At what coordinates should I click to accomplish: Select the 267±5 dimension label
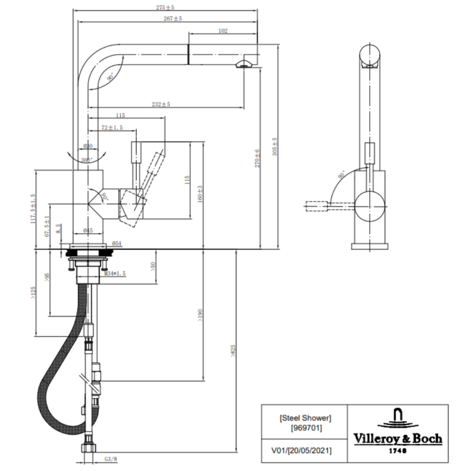pyautogui.click(x=173, y=19)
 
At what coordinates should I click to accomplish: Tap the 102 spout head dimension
pyautogui.click(x=223, y=31)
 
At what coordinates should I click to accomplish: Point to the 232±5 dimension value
pyautogui.click(x=161, y=104)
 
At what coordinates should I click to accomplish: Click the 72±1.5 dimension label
pyautogui.click(x=112, y=128)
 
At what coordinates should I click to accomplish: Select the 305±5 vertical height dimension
pyautogui.click(x=274, y=147)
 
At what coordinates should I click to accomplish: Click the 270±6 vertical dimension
pyautogui.click(x=257, y=158)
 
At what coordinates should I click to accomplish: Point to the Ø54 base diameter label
pyautogui.click(x=117, y=243)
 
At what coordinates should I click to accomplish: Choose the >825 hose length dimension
pyautogui.click(x=233, y=351)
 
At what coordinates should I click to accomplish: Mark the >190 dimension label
pyautogui.click(x=200, y=316)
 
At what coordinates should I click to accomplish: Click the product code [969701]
pyautogui.click(x=306, y=428)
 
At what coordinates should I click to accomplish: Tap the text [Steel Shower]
pyautogui.click(x=306, y=418)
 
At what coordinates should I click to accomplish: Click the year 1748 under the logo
pyautogui.click(x=397, y=450)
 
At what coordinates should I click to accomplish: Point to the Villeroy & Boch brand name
pyautogui.click(x=397, y=438)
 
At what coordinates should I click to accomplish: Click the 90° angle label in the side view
pyautogui.click(x=341, y=175)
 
